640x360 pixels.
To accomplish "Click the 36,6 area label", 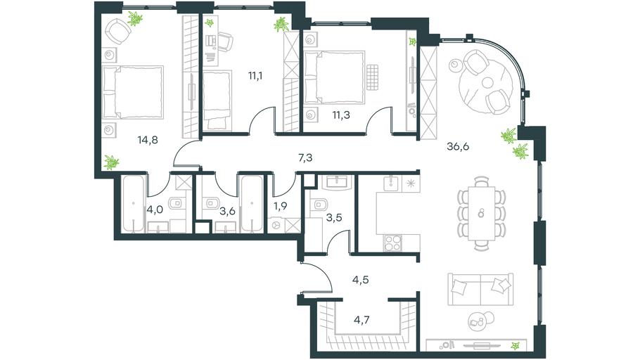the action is (458, 146).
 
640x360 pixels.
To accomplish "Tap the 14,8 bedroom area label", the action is (148, 141).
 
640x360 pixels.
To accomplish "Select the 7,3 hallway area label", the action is (305, 157).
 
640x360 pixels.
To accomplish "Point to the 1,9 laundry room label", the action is (281, 206).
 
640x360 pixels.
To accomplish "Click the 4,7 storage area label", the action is (361, 320).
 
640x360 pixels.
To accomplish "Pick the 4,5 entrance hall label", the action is (361, 280).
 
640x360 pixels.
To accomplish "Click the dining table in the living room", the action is (482, 214).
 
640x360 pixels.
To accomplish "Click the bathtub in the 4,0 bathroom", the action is (134, 204).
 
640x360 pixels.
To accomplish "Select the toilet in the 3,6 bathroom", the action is (212, 202).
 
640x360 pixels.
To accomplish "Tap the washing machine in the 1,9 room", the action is (276, 225).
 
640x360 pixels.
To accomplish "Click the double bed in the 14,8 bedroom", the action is (133, 92).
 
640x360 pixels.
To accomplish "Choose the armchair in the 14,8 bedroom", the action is (117, 31).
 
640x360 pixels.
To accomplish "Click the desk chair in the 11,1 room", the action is (225, 42).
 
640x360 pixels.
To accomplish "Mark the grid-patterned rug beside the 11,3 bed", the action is (373, 77).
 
